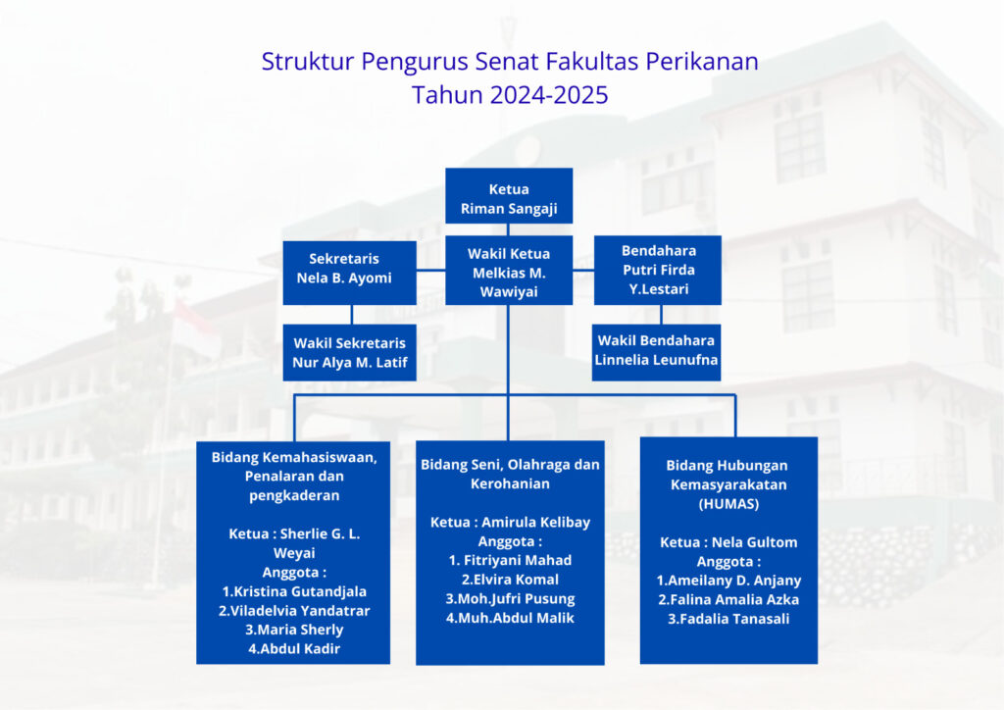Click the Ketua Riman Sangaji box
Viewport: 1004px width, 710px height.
(x=509, y=196)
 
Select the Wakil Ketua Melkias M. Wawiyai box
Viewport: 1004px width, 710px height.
(x=509, y=270)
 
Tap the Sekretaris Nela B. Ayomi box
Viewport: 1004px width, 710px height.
(x=350, y=273)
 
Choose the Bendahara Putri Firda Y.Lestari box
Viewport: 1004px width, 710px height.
(x=658, y=270)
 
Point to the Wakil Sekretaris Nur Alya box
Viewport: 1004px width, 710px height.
(x=350, y=353)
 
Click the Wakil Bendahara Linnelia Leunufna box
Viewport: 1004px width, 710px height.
(x=656, y=353)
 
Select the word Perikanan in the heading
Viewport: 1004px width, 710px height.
(x=702, y=62)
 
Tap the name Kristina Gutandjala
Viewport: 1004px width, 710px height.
(x=300, y=591)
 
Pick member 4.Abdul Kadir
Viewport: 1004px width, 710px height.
(x=294, y=648)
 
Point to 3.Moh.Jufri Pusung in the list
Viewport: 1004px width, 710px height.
(x=510, y=598)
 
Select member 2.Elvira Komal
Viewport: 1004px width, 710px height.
(x=510, y=580)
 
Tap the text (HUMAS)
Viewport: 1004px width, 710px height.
(x=728, y=504)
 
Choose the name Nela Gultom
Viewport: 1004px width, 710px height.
(x=754, y=542)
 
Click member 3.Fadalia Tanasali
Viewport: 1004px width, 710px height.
(x=728, y=619)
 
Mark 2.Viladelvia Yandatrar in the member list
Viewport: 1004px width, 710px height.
(x=294, y=611)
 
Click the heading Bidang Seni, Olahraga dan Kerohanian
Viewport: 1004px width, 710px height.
(x=510, y=475)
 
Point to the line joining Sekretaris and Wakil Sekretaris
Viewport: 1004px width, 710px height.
(x=352, y=315)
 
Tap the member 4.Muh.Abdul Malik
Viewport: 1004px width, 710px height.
(x=510, y=618)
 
